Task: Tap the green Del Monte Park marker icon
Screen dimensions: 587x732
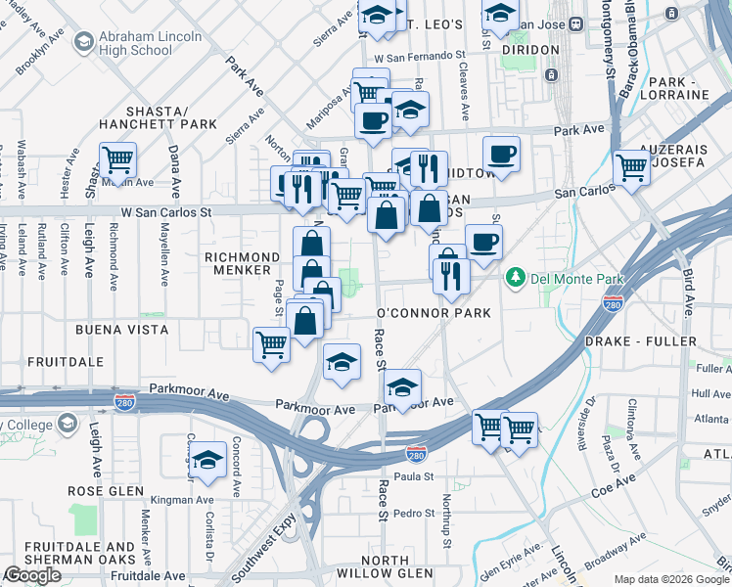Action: [515, 279]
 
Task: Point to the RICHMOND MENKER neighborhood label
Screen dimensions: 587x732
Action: [236, 263]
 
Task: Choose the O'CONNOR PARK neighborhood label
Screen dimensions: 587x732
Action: [433, 313]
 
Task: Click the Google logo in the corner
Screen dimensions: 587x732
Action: [31, 575]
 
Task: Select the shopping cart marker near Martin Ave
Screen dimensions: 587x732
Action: [117, 159]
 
